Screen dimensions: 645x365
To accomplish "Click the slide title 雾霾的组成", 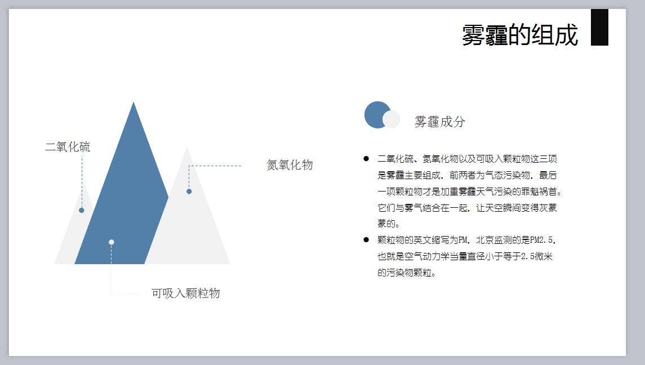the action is (520, 35).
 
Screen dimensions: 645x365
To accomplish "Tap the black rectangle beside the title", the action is (599, 27).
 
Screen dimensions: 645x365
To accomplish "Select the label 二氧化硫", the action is (68, 147).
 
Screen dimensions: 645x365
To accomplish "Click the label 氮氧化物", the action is (290, 165).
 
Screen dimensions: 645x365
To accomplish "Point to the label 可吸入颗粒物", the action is (185, 293).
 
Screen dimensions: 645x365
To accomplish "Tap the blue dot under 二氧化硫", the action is (82, 210).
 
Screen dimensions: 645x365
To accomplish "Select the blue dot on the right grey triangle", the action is (189, 192).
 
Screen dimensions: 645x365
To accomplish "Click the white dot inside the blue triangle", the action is (111, 242).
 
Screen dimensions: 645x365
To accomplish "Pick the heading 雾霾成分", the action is (440, 122).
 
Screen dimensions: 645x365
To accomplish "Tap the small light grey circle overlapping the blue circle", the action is (391, 119).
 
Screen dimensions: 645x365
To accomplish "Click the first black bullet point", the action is (366, 158).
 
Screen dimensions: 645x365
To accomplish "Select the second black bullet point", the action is (366, 239).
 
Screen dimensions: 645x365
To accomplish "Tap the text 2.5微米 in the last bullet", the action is (537, 256).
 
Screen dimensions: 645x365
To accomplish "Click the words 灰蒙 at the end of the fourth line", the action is (548, 208).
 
